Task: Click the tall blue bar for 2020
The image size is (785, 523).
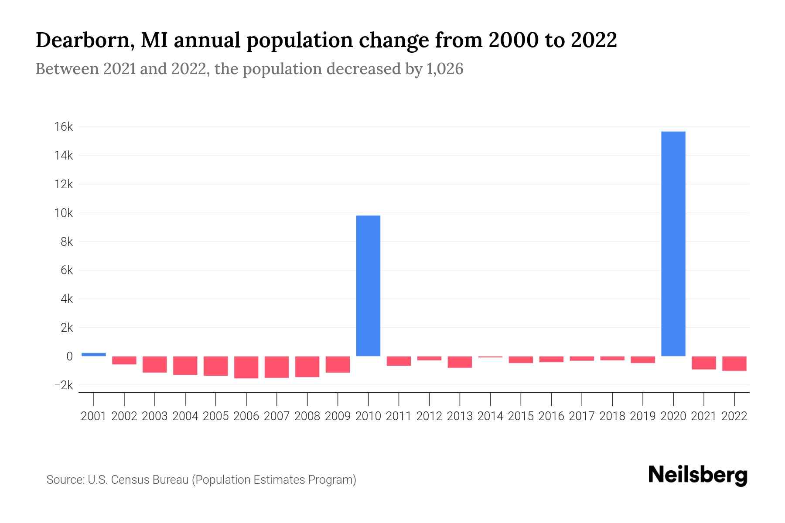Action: point(673,244)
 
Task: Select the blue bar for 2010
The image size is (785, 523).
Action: point(368,285)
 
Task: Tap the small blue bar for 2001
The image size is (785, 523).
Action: point(94,354)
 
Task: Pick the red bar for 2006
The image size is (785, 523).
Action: point(246,367)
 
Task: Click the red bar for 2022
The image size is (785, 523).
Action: point(734,363)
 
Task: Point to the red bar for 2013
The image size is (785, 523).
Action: point(460,362)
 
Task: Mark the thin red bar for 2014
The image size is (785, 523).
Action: point(490,357)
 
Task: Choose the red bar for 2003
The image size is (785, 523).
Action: point(155,364)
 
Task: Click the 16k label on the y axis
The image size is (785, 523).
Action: point(64,127)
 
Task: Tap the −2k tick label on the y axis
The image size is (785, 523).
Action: point(63,385)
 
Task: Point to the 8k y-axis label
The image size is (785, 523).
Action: point(67,242)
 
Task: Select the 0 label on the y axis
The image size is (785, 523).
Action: point(69,357)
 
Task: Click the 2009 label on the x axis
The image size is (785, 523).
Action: point(338,416)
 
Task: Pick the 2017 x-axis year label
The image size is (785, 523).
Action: point(581,416)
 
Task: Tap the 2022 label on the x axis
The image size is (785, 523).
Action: point(734,416)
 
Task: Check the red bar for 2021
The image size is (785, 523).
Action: point(703,363)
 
